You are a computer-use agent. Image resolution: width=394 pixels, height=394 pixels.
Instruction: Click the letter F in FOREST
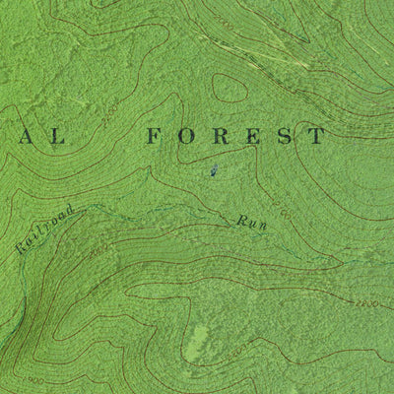tap(154, 136)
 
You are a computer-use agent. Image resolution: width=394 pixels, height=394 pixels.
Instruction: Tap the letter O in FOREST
tap(188, 136)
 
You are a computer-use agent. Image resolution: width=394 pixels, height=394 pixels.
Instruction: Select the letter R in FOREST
tap(222, 136)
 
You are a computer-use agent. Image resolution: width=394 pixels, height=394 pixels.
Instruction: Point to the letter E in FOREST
tap(254, 136)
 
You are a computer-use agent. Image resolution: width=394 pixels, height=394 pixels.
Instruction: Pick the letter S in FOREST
tap(285, 136)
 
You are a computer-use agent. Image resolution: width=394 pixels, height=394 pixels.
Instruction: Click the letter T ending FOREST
tap(316, 136)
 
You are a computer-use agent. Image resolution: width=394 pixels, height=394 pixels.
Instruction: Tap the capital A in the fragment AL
tap(22, 136)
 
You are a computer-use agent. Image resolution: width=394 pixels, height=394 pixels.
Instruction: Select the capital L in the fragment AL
tap(56, 136)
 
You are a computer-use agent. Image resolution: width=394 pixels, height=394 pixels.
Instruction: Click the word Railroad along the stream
tap(44, 230)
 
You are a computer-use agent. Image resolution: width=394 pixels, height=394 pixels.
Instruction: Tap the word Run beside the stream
tap(251, 223)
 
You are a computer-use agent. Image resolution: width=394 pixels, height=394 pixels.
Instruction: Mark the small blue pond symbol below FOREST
tap(213, 174)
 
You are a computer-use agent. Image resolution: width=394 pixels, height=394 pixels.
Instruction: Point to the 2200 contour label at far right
tap(366, 304)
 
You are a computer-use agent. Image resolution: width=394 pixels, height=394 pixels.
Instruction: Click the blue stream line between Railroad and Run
tap(148, 208)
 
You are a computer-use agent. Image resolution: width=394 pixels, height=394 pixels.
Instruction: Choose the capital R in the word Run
tap(240, 219)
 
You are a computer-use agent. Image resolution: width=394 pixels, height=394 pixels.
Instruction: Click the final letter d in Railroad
tap(69, 210)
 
